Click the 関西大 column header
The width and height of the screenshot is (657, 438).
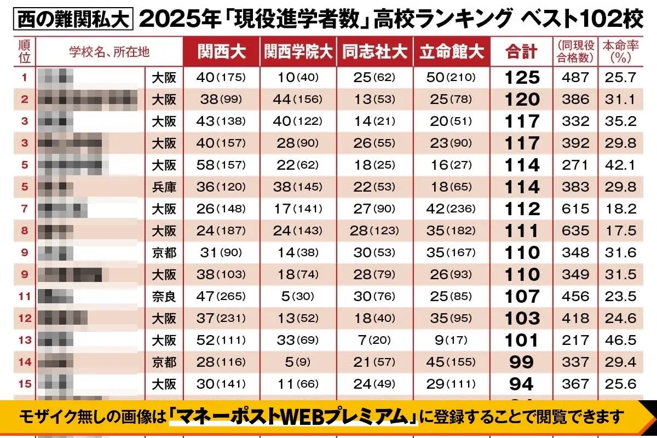point(221,52)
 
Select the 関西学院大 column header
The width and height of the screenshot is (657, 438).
point(298,52)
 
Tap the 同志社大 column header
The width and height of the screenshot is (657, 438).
point(375,52)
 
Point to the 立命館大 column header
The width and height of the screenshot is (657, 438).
point(452,52)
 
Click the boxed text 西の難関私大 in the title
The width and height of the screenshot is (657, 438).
point(72,20)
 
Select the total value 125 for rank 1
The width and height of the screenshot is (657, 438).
point(522,77)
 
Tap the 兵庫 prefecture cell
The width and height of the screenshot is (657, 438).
point(164,187)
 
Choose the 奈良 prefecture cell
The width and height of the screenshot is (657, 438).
point(164,296)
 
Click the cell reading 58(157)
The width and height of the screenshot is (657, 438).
point(221,165)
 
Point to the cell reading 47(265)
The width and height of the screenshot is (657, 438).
point(221,296)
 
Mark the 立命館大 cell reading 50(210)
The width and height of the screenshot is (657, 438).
point(452,77)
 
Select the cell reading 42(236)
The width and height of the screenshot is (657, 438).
point(452,209)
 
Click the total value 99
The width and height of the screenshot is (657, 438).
point(522,362)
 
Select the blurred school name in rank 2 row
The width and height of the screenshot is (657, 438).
point(88,99)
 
